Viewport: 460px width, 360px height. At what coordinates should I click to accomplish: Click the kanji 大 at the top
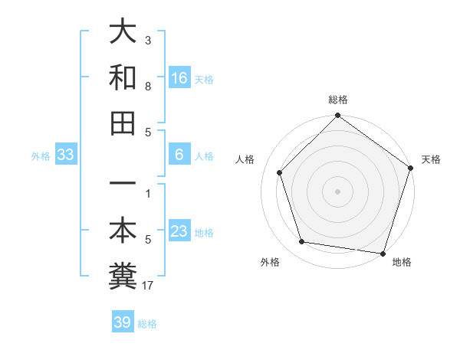123,32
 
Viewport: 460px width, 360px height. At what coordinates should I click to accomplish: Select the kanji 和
123,77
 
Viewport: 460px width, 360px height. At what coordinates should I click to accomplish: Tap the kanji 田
123,123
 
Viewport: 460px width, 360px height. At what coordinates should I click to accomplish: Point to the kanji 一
123,186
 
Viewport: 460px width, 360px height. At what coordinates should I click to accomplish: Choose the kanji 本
123,231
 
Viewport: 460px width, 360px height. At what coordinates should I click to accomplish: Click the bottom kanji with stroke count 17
123,277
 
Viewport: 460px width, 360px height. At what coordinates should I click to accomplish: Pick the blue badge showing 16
179,77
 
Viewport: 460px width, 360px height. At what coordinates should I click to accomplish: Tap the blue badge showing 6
179,155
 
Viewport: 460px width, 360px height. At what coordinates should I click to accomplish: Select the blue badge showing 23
179,231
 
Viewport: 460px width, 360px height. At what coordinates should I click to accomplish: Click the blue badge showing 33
66,155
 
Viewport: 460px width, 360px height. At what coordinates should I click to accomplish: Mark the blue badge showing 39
123,322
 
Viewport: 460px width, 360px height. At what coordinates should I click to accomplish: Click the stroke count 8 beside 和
148,87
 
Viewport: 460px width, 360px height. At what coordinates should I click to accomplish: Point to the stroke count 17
149,286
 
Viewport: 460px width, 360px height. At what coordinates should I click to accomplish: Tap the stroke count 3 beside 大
148,41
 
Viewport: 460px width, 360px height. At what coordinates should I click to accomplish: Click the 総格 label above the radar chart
338,100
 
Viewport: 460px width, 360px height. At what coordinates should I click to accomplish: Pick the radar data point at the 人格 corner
280,172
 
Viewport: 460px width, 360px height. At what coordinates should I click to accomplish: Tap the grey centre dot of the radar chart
337,191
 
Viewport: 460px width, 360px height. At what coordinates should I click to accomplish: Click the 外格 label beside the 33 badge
41,156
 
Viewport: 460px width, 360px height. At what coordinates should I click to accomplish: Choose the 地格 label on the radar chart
402,262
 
